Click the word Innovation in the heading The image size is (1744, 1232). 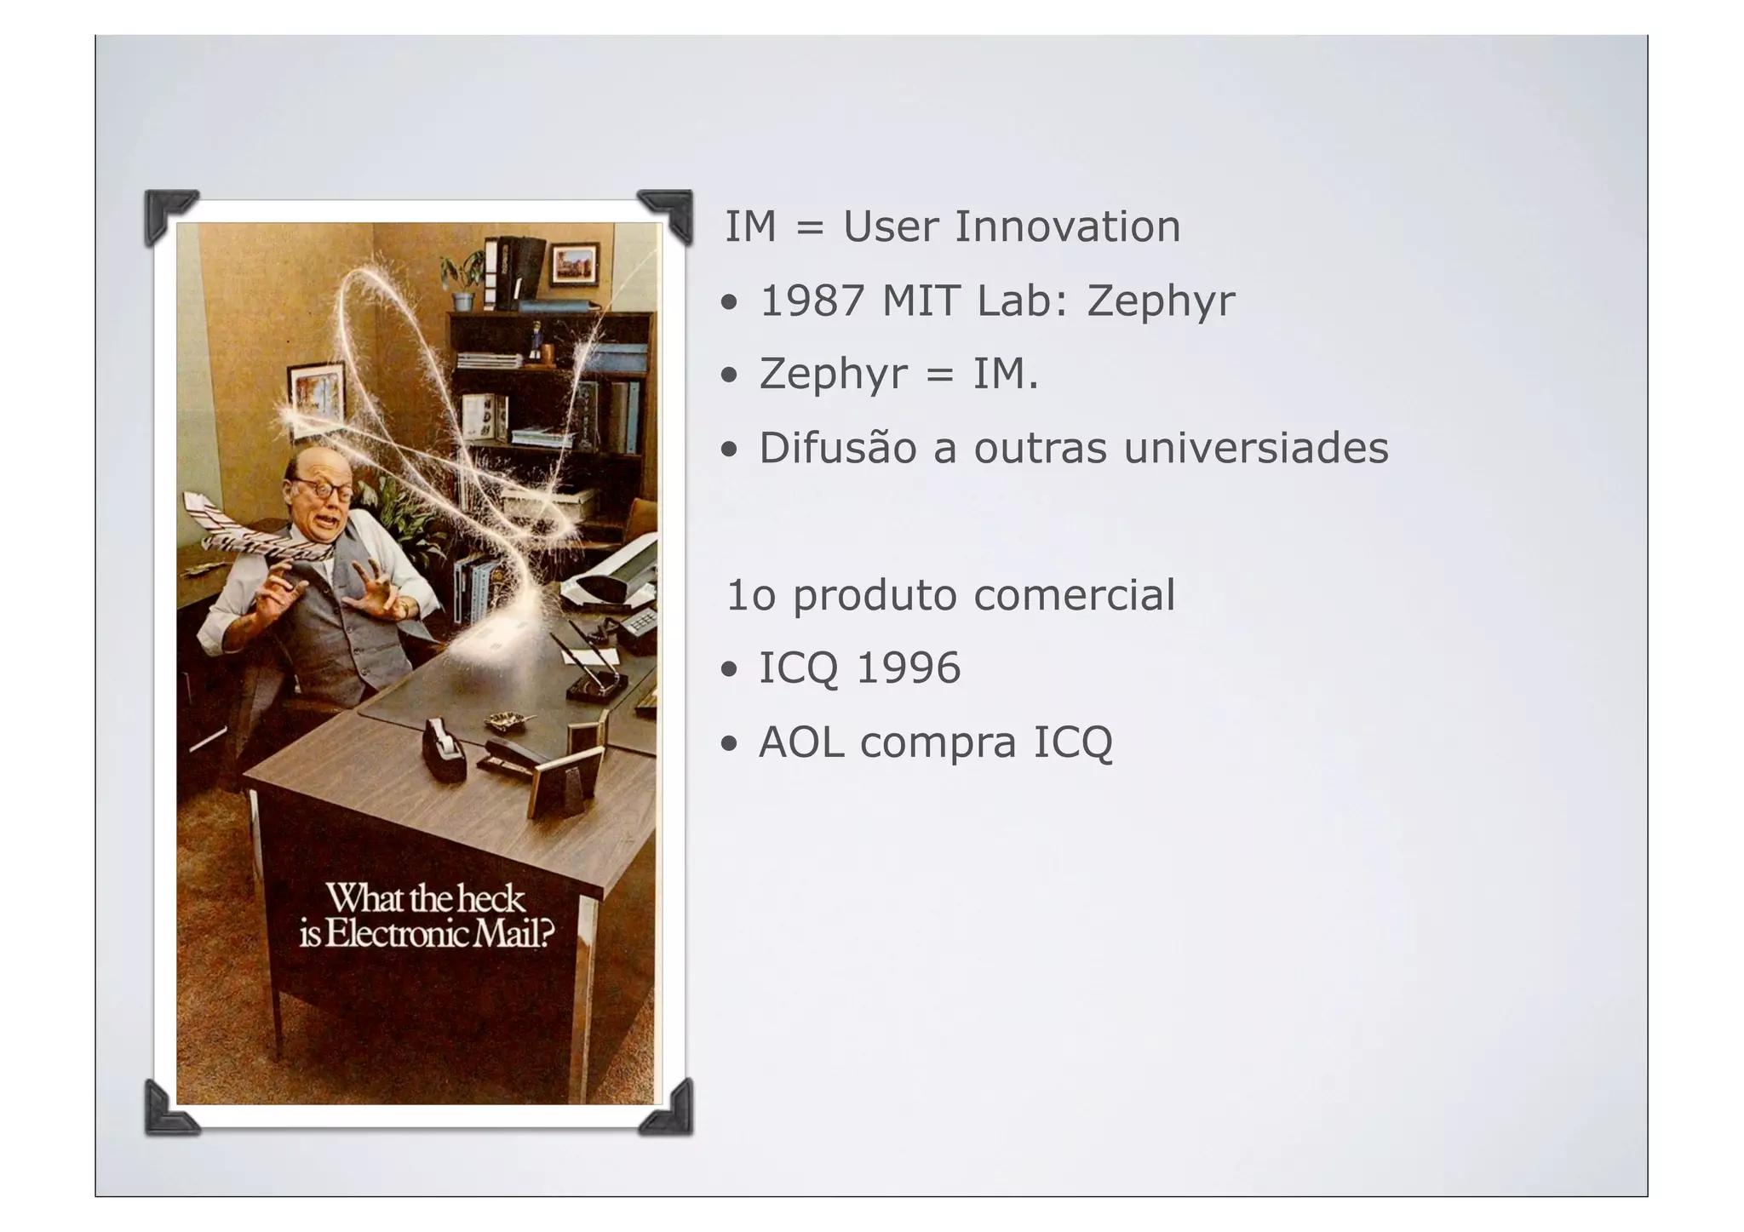(1067, 226)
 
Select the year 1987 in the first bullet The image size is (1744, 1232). (812, 301)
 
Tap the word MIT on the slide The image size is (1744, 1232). (921, 301)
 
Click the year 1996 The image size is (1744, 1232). (908, 668)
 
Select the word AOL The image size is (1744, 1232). (800, 742)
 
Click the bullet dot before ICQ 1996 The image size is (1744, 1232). (729, 669)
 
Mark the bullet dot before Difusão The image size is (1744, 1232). (729, 450)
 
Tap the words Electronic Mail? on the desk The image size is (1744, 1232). (439, 935)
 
